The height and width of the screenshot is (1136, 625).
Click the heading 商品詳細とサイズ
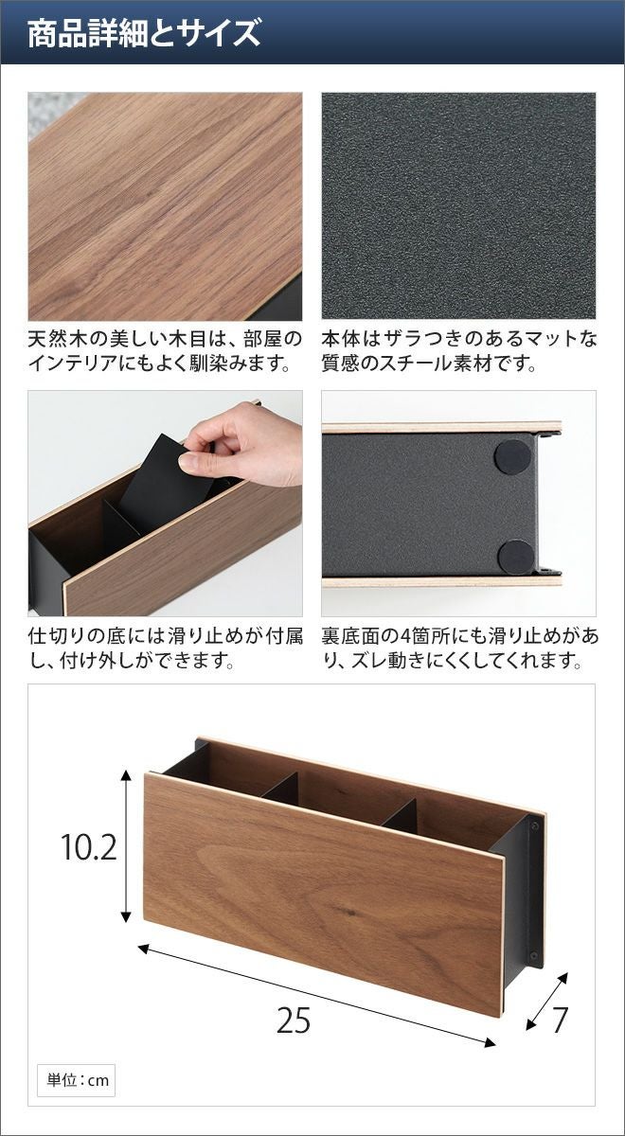144,32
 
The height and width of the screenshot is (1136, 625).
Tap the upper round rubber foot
512,457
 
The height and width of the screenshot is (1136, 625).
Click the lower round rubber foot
515,557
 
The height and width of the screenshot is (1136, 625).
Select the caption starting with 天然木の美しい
165,350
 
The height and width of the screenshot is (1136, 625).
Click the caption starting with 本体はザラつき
459,350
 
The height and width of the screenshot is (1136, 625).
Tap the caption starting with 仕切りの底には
166,648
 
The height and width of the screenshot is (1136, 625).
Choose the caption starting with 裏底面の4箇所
459,648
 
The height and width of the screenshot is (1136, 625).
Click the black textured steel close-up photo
458,205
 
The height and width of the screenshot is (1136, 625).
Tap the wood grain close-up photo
165,206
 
